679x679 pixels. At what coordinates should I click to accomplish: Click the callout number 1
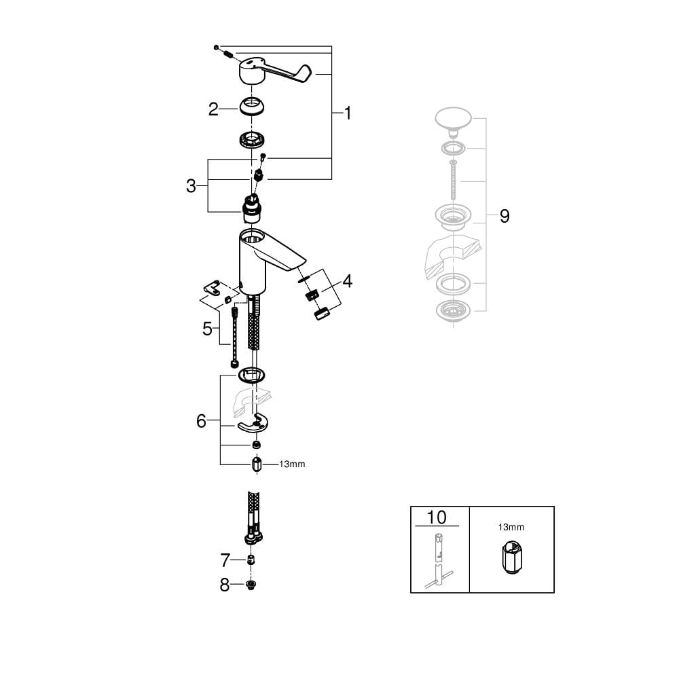click(347, 113)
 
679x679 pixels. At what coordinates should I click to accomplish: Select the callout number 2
click(213, 109)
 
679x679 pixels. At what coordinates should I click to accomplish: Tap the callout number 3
click(191, 186)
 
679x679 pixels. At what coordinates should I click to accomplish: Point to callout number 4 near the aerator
click(347, 282)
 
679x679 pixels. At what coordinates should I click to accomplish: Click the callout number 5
click(207, 329)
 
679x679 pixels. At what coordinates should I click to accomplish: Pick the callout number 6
click(202, 421)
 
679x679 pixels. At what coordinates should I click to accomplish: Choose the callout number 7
click(225, 560)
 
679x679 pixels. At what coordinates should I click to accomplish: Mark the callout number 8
click(224, 585)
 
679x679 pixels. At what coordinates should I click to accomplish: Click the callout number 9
click(504, 216)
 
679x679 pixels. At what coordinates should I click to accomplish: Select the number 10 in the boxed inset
click(437, 517)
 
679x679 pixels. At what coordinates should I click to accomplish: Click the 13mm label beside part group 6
click(292, 464)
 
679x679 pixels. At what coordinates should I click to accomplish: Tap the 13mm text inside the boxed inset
click(511, 527)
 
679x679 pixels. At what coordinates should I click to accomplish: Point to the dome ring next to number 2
click(252, 107)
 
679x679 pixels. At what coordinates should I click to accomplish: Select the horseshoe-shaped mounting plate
click(253, 424)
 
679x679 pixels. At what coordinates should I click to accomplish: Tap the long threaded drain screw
click(453, 180)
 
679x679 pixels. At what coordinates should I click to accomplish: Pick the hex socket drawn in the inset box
click(512, 557)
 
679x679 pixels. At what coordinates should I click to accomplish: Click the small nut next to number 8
click(250, 585)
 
